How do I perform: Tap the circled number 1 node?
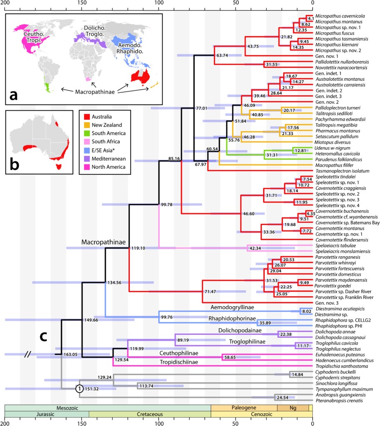pyautogui.click(x=79, y=389)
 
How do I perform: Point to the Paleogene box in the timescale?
pyautogui.click(x=244, y=407)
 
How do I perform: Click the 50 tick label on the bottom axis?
pyautogui.click(x=236, y=423)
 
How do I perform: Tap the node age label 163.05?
pyautogui.click(x=71, y=354)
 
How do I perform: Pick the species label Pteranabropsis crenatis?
pyautogui.click(x=340, y=401)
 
